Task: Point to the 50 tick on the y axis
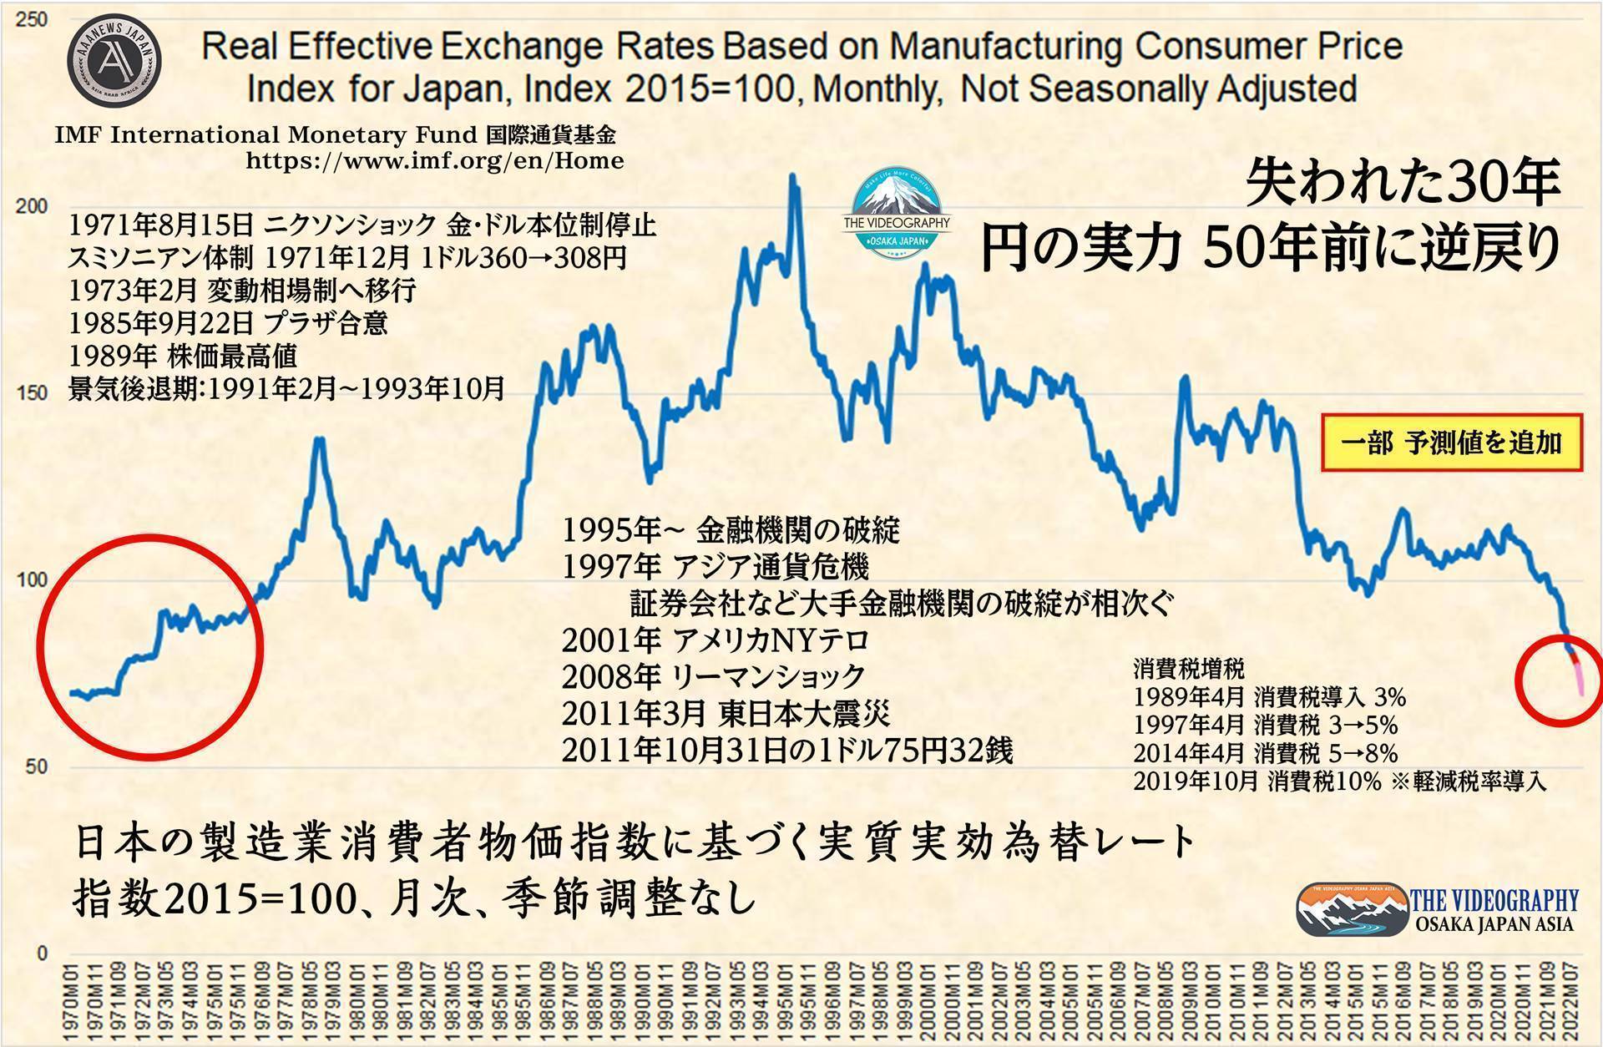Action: [36, 766]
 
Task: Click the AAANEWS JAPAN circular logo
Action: [114, 60]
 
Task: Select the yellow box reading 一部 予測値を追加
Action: [1451, 443]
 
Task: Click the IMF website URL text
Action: [434, 160]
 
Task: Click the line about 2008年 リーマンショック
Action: [713, 676]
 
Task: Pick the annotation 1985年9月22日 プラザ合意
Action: [228, 323]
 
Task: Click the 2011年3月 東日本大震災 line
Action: [726, 713]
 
